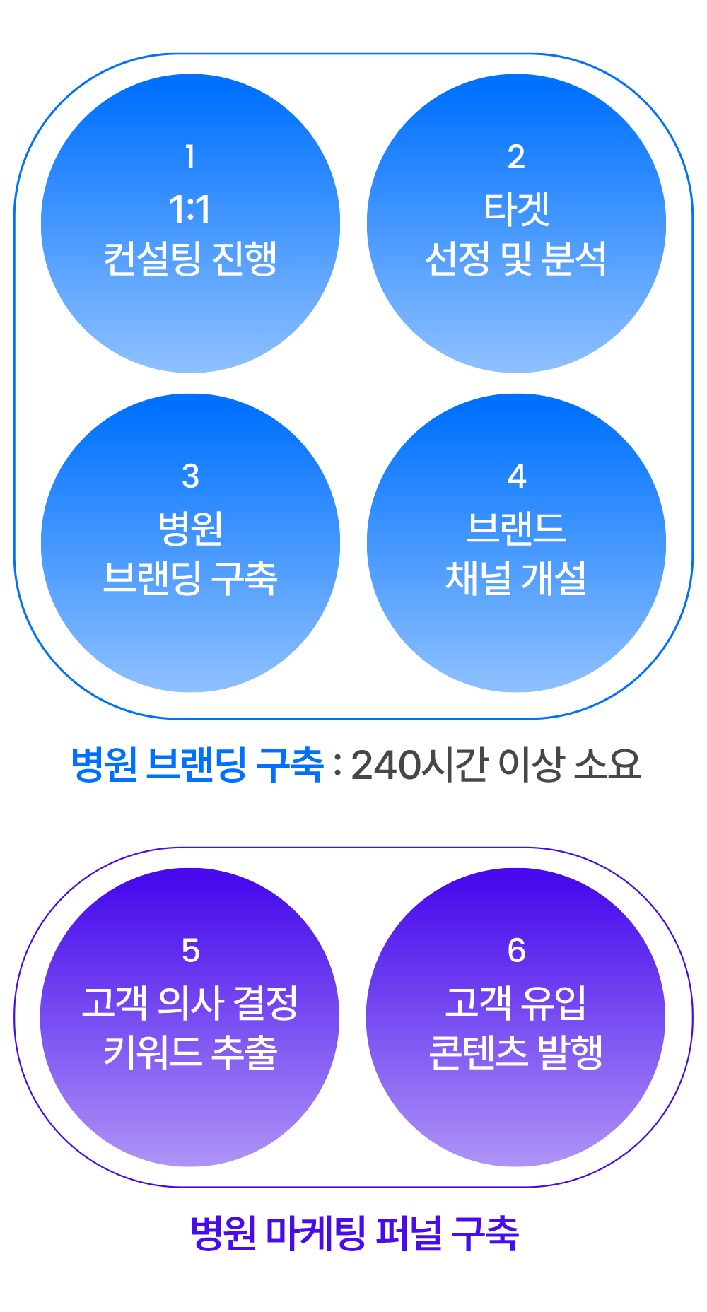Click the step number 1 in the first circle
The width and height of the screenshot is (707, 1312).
(189, 156)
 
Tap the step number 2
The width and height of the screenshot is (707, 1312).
(516, 156)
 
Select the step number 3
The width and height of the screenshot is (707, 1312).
(190, 476)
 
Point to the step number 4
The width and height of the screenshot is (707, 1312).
(517, 476)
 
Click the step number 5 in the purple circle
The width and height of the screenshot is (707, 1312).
(190, 951)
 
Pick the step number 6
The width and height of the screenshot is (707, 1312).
(517, 951)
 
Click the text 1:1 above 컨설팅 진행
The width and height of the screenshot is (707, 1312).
(189, 209)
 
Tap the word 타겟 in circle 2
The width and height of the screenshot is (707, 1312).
(516, 209)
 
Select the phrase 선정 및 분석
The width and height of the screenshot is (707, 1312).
(516, 259)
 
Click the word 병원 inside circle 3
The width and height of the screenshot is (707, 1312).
(190, 528)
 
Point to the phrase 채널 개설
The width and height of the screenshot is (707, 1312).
(516, 578)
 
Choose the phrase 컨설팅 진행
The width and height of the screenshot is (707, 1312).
(190, 259)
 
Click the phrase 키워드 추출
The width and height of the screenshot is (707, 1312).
(190, 1053)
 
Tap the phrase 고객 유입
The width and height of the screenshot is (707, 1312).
(516, 1002)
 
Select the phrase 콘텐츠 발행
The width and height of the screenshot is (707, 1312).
(516, 1053)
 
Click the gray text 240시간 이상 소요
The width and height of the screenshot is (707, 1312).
(496, 765)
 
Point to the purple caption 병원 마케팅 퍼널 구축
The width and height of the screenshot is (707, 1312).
(354, 1233)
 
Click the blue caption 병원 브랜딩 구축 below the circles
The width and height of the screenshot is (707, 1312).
(197, 765)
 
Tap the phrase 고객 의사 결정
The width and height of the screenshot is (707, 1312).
(190, 1002)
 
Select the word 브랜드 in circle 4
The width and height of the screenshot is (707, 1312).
(516, 528)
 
